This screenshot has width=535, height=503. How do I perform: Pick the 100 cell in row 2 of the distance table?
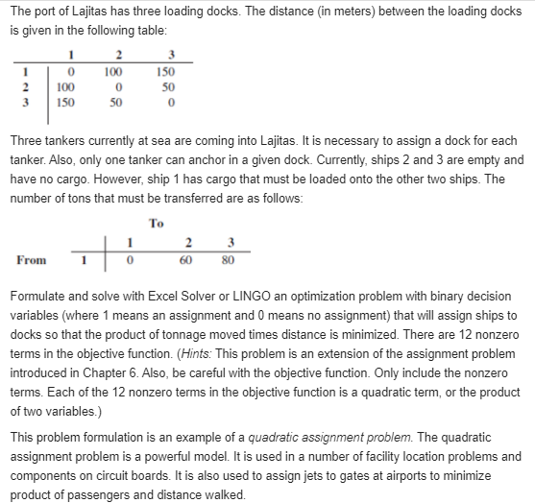coord(57,86)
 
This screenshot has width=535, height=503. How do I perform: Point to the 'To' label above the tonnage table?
coord(157,223)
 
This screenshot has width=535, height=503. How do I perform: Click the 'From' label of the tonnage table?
coord(32,259)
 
